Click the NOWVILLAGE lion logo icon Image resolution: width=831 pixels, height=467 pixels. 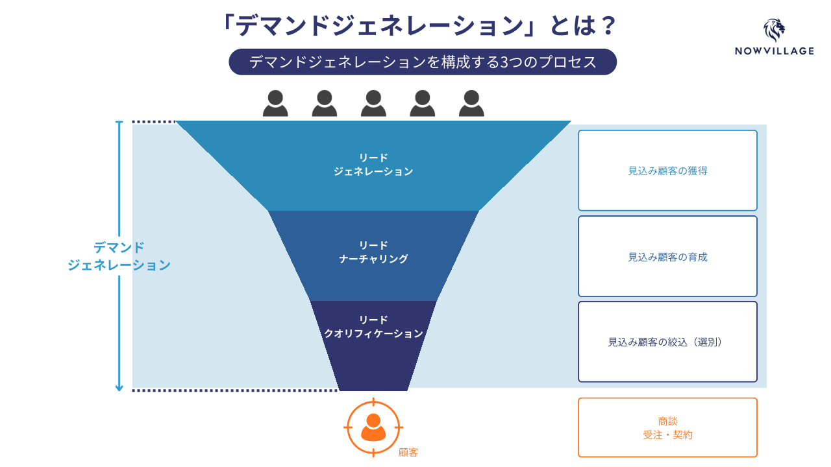pyautogui.click(x=774, y=30)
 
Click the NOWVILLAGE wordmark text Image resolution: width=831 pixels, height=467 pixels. pyautogui.click(x=774, y=51)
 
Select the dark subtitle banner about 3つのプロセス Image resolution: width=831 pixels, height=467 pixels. pyautogui.click(x=422, y=62)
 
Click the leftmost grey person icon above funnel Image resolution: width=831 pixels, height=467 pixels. pyautogui.click(x=275, y=104)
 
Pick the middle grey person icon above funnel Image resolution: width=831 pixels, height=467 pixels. pyautogui.click(x=373, y=104)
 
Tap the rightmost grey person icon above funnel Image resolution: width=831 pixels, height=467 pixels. pyautogui.click(x=471, y=104)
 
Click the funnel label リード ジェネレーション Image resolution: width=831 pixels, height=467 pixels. pyautogui.click(x=373, y=165)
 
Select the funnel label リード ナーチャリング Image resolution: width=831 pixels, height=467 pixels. pyautogui.click(x=373, y=252)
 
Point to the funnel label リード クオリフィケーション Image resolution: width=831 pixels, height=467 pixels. pyautogui.click(x=373, y=327)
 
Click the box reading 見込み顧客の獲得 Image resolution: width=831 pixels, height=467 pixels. pyautogui.click(x=667, y=171)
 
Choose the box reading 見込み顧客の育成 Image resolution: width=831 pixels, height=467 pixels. pyautogui.click(x=667, y=256)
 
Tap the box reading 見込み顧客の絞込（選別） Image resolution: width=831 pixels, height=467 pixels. pyautogui.click(x=667, y=342)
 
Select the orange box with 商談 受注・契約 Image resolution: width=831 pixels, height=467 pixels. pyautogui.click(x=667, y=427)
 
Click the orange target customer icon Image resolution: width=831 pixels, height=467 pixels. pyautogui.click(x=373, y=427)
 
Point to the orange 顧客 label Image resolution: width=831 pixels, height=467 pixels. pyautogui.click(x=408, y=452)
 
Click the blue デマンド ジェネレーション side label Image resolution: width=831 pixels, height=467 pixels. pyautogui.click(x=119, y=256)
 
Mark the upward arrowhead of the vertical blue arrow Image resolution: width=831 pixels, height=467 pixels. pyautogui.click(x=119, y=123)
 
